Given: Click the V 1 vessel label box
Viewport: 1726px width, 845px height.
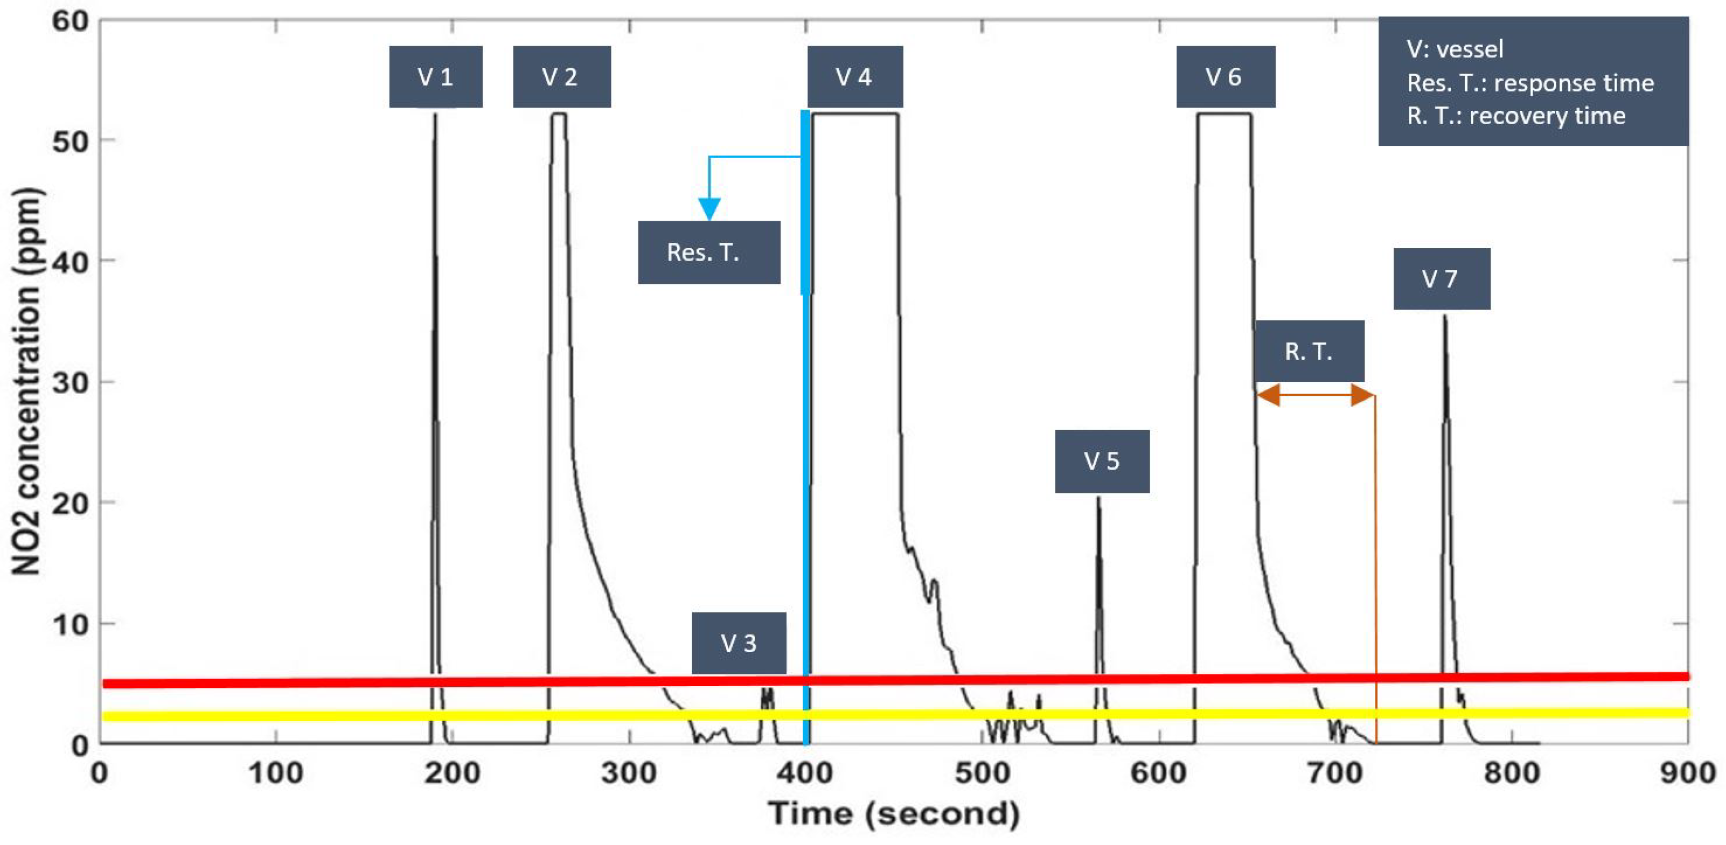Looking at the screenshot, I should (436, 76).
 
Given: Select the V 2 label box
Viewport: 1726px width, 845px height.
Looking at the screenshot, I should (562, 76).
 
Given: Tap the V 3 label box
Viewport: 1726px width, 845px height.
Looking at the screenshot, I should (738, 642).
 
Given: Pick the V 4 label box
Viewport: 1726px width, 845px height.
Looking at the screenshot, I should (855, 76).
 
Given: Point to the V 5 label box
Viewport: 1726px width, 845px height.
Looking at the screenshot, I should (1102, 461).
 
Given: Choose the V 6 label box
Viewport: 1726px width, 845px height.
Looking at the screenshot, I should (1225, 76).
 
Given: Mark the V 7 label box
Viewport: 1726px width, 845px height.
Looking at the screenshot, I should (1441, 278).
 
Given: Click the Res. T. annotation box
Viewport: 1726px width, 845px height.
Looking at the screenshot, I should (708, 252).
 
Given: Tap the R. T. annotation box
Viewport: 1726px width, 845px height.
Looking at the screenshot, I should (1308, 351).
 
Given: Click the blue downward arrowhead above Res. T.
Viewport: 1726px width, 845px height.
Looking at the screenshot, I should (709, 208).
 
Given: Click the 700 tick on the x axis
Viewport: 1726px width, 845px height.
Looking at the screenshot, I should (1335, 773).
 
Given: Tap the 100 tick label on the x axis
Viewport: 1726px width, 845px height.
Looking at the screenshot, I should (275, 773).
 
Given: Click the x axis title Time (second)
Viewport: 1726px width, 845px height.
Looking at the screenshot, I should (893, 813).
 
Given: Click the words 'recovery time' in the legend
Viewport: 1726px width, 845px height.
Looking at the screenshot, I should (1547, 115).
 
